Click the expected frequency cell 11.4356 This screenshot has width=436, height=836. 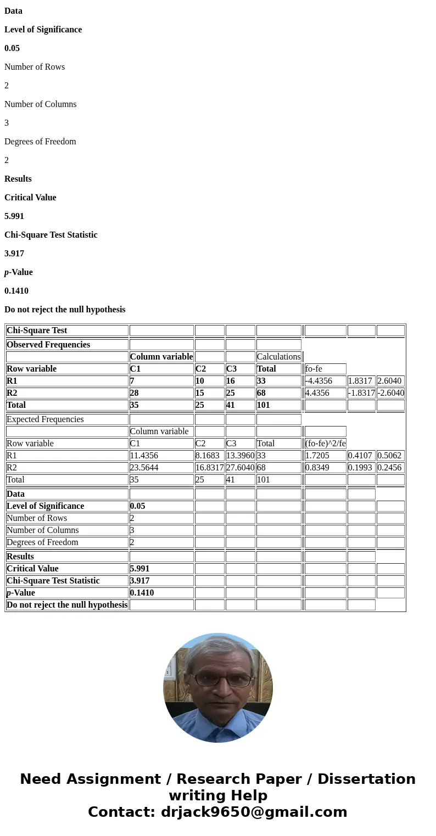[x=161, y=456]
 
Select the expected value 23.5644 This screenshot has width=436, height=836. [x=161, y=468]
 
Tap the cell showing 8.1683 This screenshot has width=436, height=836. [x=209, y=456]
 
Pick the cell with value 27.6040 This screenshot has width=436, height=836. [x=240, y=468]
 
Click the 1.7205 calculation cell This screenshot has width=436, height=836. [x=325, y=456]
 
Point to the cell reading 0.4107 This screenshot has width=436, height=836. [x=361, y=456]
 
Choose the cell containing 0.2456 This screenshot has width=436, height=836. [x=390, y=468]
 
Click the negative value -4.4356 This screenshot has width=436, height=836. [x=325, y=381]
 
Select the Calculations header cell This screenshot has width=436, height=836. [x=278, y=357]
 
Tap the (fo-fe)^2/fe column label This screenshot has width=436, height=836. [x=325, y=444]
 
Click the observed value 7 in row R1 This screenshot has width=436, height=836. [x=161, y=381]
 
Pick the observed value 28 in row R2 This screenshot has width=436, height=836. [x=161, y=393]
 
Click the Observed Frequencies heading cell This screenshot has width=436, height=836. [x=66, y=345]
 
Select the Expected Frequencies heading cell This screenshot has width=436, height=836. [x=66, y=419]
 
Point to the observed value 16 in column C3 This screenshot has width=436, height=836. [x=240, y=381]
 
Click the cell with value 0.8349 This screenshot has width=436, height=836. [x=325, y=468]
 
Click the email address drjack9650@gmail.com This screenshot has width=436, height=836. [x=254, y=812]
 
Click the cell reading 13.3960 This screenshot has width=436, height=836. [x=240, y=456]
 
